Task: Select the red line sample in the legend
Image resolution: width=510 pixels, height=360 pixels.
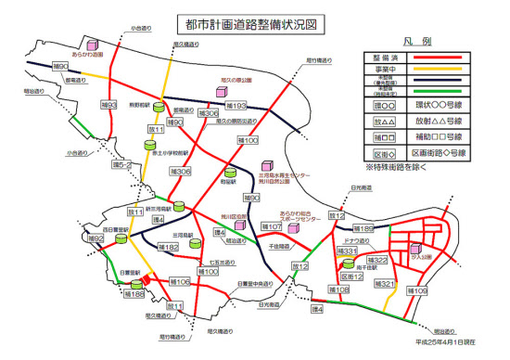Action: (x=453, y=58)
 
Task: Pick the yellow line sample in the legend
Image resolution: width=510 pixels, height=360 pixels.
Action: (x=453, y=69)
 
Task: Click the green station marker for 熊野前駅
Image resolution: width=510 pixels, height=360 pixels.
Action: (x=159, y=109)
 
